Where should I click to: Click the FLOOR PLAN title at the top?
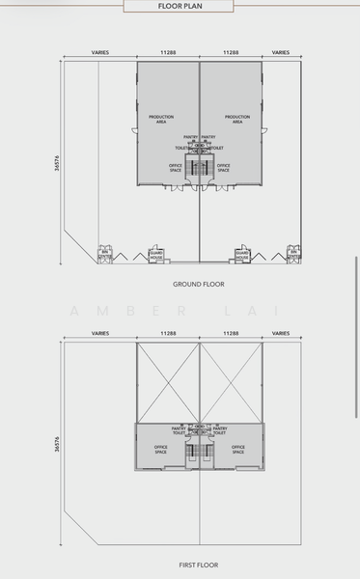(x=180, y=6)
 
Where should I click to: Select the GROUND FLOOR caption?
(x=199, y=285)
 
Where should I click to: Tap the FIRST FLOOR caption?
(x=199, y=565)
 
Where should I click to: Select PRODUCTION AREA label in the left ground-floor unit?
(x=161, y=119)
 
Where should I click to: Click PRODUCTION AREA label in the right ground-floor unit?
(x=237, y=119)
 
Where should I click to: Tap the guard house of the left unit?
(x=155, y=256)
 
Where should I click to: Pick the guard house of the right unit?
(x=243, y=256)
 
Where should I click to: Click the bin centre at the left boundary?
(x=105, y=256)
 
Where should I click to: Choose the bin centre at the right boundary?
(x=292, y=256)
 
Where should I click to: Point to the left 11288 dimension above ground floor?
(x=168, y=53)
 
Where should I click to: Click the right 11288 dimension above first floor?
(x=231, y=333)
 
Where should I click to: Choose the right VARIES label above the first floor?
(x=281, y=333)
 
